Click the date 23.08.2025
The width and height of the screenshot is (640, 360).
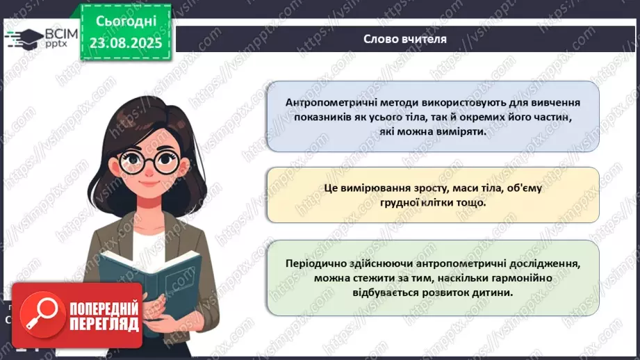tap(126, 42)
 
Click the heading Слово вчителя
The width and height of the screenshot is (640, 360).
tap(405, 39)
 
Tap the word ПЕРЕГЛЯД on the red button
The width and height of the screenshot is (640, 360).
tap(106, 324)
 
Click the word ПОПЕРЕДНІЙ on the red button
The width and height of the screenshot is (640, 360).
tap(106, 307)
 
